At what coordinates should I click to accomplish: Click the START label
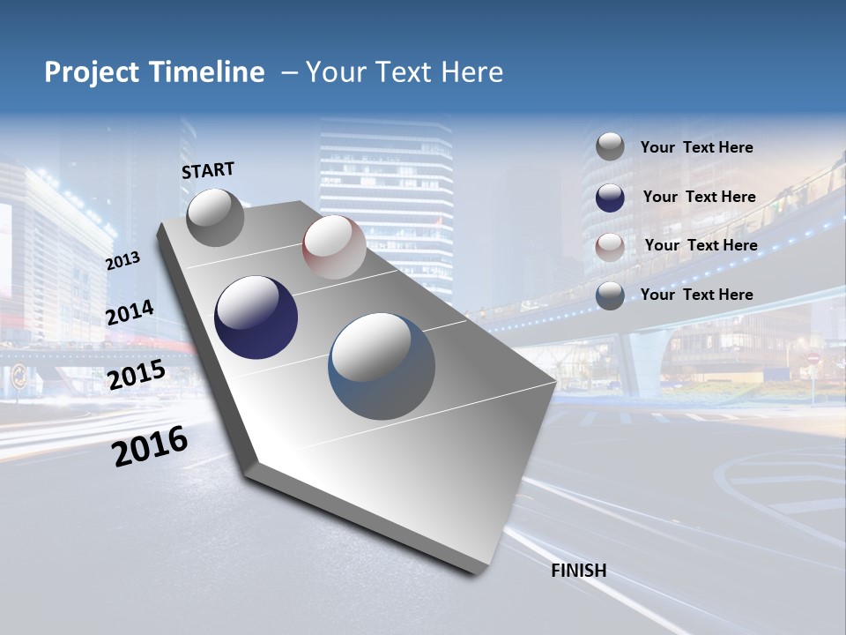pos(208,170)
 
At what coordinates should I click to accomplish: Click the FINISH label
pos(578,571)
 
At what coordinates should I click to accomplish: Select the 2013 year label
pos(122,261)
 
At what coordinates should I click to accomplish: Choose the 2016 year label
pos(150,446)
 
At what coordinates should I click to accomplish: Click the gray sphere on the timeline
pos(215,217)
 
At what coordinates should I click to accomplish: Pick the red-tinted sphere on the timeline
pos(334,247)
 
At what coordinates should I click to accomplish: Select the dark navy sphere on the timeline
pos(256,317)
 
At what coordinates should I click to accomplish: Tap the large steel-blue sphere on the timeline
pos(382,366)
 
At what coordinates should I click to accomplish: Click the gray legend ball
pos(610,147)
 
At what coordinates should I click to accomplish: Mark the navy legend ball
pos(610,198)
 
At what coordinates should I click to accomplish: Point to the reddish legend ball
pos(610,247)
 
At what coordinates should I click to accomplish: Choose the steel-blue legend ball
pos(610,295)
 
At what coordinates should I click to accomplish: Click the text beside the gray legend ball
pos(696,147)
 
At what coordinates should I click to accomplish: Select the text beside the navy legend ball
pos(699,197)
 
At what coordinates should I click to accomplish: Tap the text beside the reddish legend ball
pos(701,245)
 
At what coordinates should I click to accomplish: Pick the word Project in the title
pos(93,72)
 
